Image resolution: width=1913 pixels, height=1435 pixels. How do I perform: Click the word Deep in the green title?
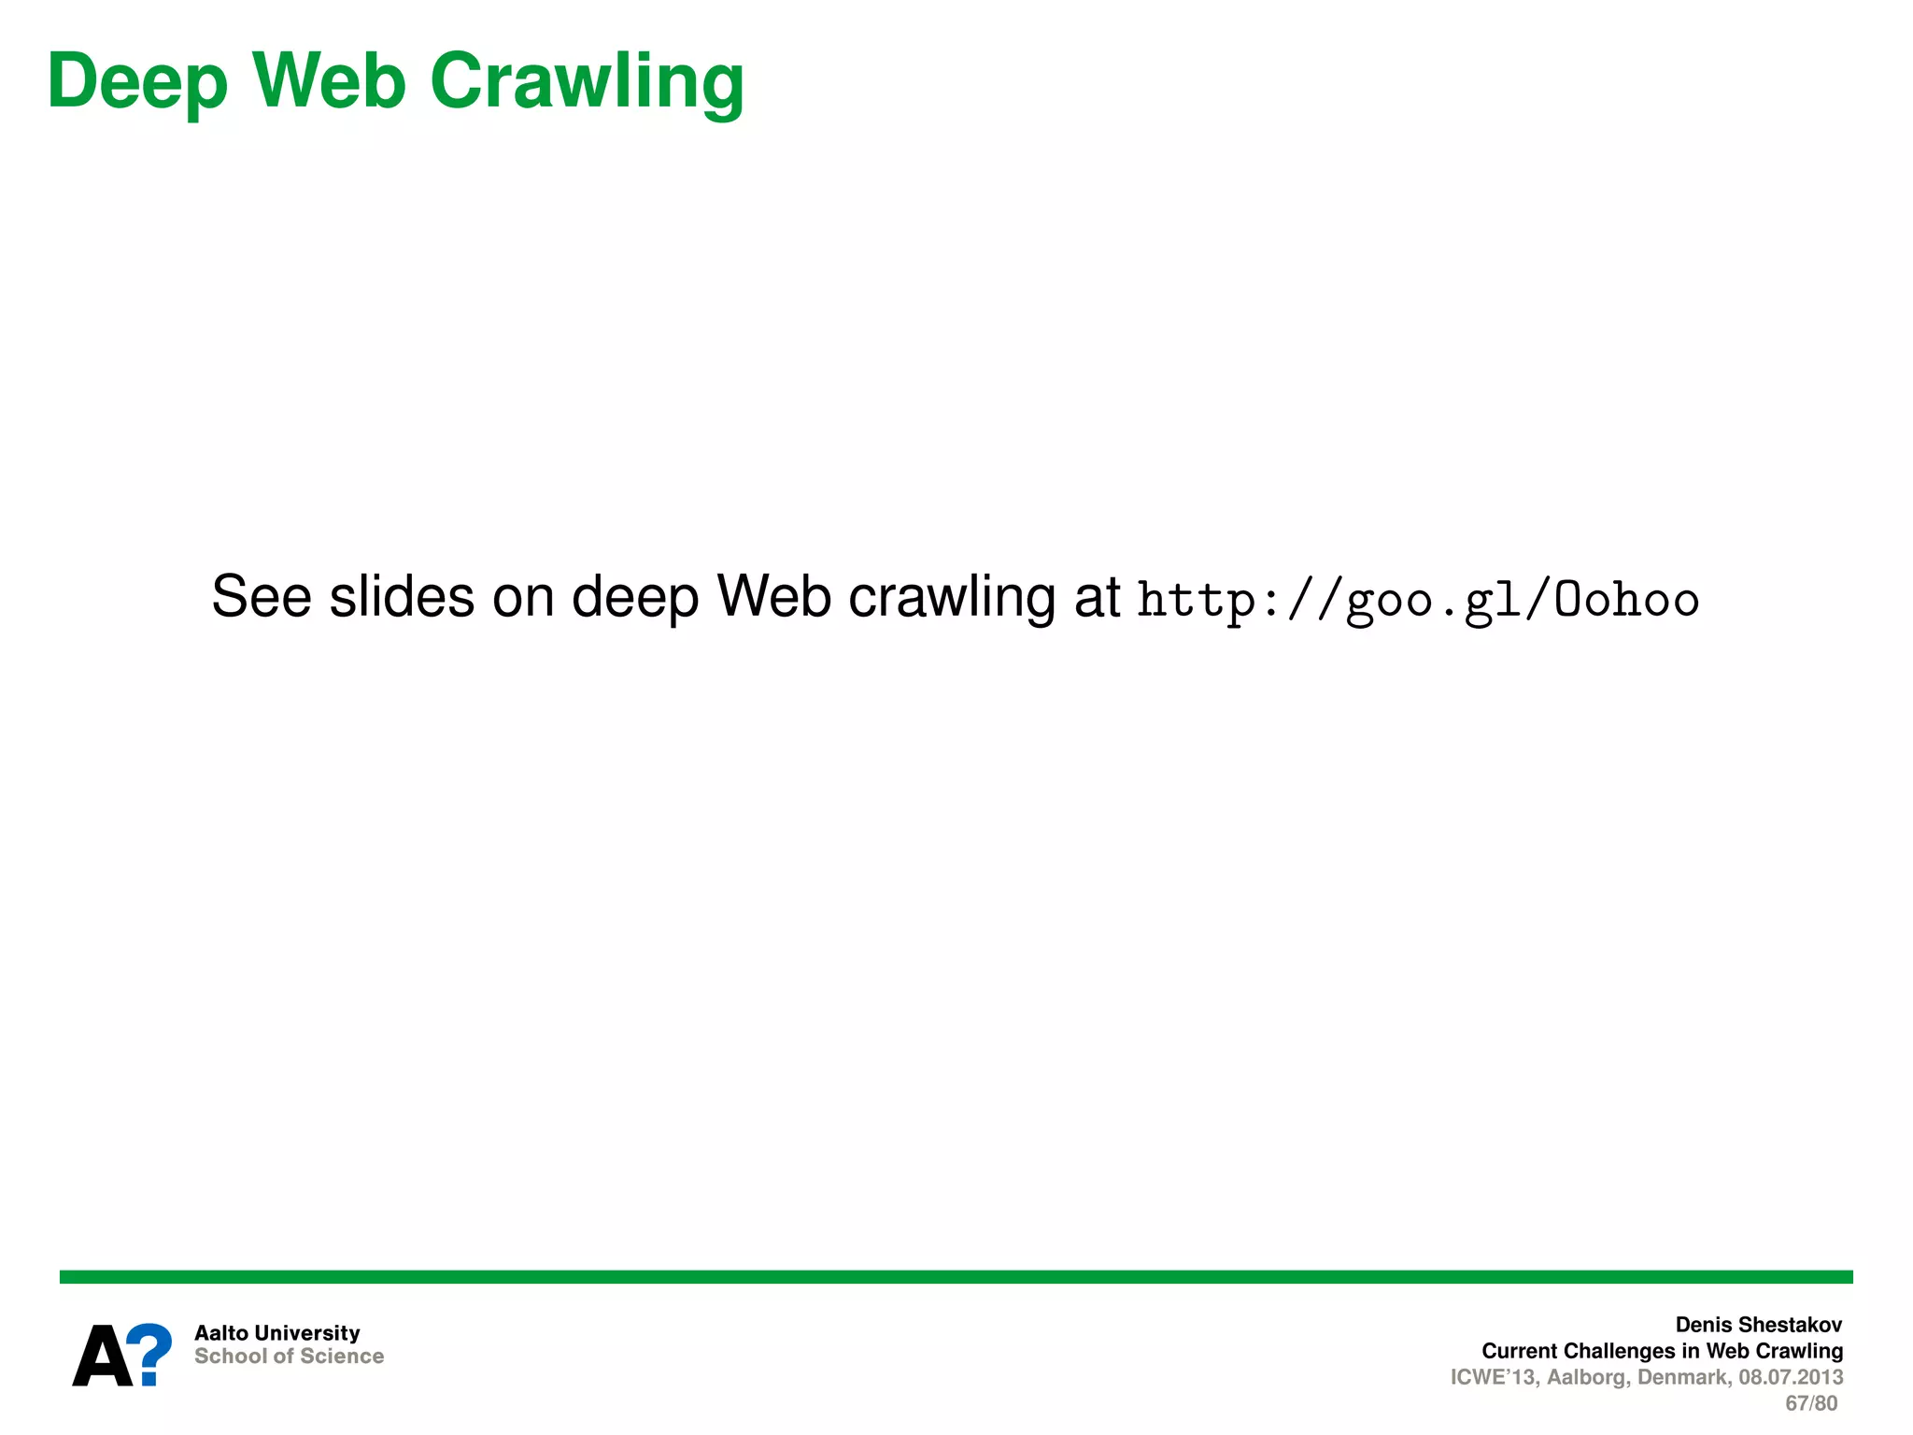point(137,82)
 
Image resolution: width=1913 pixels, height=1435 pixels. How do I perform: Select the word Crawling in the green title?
point(587,82)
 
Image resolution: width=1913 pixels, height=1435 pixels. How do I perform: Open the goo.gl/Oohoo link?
point(1418,600)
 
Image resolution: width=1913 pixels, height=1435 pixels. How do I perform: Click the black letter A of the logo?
point(102,1356)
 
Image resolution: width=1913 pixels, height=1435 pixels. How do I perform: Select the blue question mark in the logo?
point(150,1354)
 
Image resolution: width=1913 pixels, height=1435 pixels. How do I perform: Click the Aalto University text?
point(276,1333)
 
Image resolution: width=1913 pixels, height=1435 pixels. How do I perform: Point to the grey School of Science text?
point(289,1357)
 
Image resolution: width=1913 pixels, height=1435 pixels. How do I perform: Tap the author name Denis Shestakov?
point(1758,1325)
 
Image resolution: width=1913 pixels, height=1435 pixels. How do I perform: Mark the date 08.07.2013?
point(1791,1377)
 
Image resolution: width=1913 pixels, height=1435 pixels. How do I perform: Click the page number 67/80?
point(1811,1403)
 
